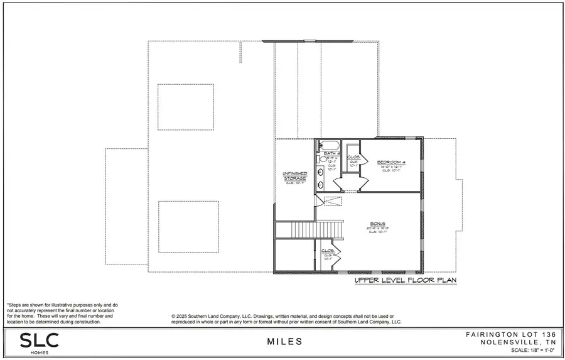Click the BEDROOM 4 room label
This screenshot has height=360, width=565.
click(x=391, y=162)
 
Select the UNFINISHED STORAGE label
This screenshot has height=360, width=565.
click(x=294, y=175)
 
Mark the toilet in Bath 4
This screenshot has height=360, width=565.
click(x=318, y=159)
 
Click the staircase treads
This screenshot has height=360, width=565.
click(x=309, y=230)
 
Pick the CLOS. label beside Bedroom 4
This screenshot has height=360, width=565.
click(x=352, y=157)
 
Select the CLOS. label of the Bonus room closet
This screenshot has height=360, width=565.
click(x=327, y=250)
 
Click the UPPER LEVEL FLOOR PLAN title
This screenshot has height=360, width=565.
click(x=405, y=280)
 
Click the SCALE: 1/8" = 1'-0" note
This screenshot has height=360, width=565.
click(x=524, y=350)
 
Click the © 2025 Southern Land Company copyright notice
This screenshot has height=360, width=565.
click(x=286, y=319)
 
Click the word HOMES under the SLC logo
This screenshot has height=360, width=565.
click(x=39, y=352)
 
